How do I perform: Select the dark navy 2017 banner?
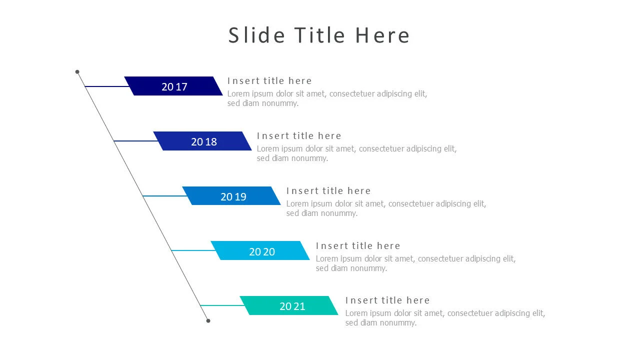(x=173, y=86)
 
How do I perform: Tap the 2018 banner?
(x=202, y=141)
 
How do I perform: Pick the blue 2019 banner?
(x=231, y=196)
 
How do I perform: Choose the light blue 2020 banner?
(x=260, y=251)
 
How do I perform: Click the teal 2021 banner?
(x=289, y=305)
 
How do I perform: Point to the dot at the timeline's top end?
(x=77, y=72)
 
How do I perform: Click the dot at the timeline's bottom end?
(x=208, y=321)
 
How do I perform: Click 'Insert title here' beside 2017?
(x=269, y=81)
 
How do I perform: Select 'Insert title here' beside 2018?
(x=299, y=136)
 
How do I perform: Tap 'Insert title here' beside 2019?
(x=328, y=191)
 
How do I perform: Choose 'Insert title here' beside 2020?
(x=358, y=246)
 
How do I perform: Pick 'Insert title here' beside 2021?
(x=387, y=300)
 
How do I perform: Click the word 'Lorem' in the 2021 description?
(x=356, y=313)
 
